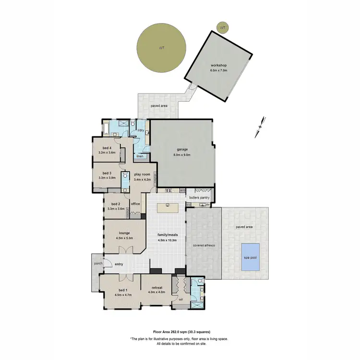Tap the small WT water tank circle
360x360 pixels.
pyautogui.click(x=222, y=28)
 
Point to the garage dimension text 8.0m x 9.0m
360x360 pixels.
pyautogui.click(x=182, y=155)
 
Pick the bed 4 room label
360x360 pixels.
pyautogui.click(x=107, y=148)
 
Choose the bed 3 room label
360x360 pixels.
pyautogui.click(x=107, y=173)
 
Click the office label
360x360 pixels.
pyautogui.click(x=135, y=204)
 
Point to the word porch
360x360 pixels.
pyautogui.click(x=98, y=263)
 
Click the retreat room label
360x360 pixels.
pyautogui.click(x=157, y=288)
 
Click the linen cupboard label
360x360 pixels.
pyautogui.click(x=140, y=156)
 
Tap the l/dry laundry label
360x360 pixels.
pyautogui.click(x=141, y=131)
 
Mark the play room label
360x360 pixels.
pyautogui.click(x=142, y=174)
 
